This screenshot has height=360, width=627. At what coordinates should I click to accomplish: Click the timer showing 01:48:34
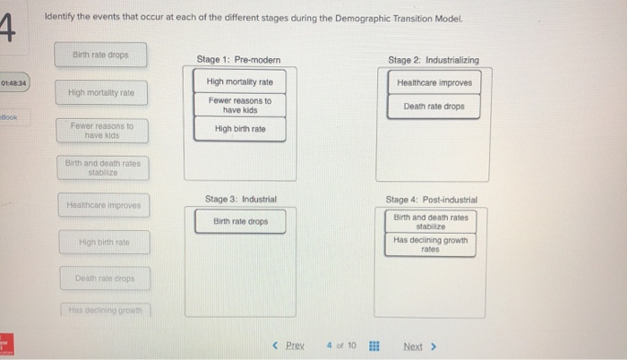14,83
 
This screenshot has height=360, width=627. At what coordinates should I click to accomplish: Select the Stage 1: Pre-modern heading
238,60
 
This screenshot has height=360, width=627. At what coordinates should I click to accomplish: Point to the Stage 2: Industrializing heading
434,60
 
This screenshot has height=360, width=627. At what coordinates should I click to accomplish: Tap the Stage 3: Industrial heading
241,198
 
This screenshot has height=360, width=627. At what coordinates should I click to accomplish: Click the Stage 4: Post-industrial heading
432,199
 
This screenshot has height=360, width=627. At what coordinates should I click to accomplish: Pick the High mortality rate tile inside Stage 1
240,82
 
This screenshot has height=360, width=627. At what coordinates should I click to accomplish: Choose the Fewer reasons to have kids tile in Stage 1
240,106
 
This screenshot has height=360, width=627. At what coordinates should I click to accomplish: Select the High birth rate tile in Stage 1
240,129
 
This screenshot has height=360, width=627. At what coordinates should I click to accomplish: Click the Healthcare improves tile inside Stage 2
434,82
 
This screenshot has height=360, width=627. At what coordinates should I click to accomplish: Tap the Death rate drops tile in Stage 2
434,107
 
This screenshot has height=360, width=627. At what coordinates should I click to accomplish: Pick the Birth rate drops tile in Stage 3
240,221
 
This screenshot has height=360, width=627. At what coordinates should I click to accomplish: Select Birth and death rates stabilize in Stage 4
431,221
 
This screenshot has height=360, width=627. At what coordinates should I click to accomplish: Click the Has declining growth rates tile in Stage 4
431,244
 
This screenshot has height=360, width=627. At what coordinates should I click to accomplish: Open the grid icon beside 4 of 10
374,346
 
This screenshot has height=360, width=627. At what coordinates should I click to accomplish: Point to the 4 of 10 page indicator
341,346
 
